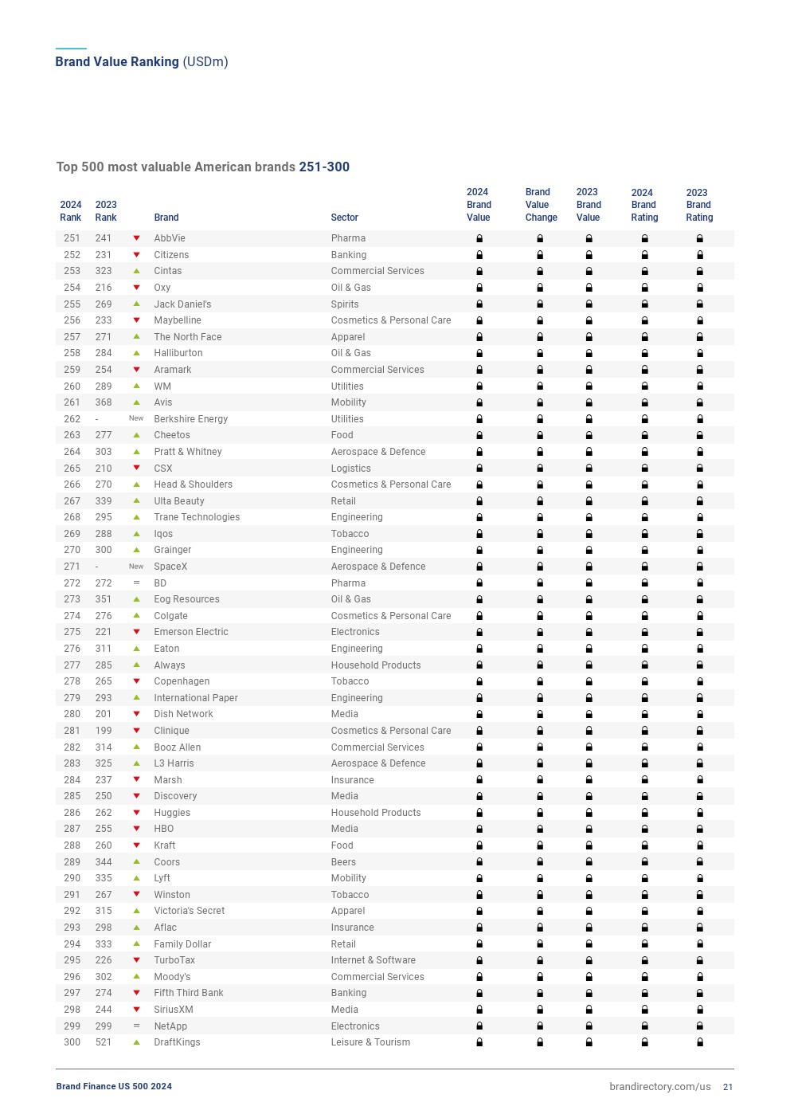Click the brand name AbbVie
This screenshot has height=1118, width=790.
(x=170, y=238)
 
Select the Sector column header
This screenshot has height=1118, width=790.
(x=344, y=218)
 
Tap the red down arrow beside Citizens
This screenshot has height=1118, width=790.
(x=136, y=255)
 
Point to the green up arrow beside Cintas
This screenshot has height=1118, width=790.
(x=136, y=271)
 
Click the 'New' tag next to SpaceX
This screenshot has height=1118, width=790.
(x=136, y=567)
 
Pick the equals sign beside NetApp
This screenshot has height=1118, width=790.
(x=136, y=1026)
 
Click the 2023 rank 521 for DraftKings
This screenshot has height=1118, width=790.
(x=104, y=1042)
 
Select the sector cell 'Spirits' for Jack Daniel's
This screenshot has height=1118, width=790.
(x=345, y=304)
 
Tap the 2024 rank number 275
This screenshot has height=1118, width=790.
(x=72, y=632)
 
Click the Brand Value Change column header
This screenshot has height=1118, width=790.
(x=541, y=205)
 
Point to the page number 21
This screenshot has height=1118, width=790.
(x=728, y=1087)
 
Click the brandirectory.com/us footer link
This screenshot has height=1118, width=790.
(x=659, y=1087)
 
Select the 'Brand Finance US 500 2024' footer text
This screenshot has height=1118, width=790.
(x=114, y=1087)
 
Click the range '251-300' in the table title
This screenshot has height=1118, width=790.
(x=324, y=167)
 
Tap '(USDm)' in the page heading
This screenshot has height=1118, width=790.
(x=205, y=62)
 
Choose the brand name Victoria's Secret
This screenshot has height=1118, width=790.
(x=190, y=911)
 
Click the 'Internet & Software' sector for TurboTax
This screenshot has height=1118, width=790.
(x=373, y=960)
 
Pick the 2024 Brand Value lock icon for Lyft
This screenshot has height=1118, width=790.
(x=479, y=878)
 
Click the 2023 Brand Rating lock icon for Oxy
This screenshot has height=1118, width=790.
(x=700, y=288)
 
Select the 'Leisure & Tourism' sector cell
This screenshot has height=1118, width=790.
(x=370, y=1042)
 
